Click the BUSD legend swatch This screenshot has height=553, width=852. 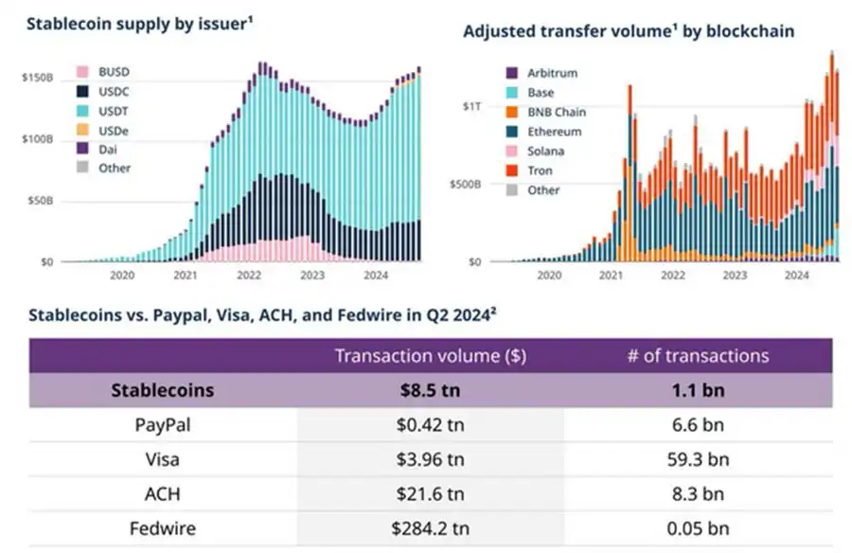(x=81, y=73)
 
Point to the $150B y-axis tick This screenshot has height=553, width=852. (x=37, y=78)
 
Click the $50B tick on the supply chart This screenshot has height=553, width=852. (x=40, y=200)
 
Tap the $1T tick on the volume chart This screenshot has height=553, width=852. (x=471, y=107)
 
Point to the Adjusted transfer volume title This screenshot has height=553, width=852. (x=628, y=31)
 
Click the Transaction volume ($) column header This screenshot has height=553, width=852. (x=430, y=356)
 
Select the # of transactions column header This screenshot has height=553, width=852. (x=698, y=356)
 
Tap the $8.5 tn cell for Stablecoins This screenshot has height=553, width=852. (x=431, y=390)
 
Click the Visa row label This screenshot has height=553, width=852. (x=163, y=459)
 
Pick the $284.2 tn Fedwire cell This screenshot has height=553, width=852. (x=431, y=527)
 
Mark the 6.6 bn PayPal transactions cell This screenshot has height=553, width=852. (x=698, y=425)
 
